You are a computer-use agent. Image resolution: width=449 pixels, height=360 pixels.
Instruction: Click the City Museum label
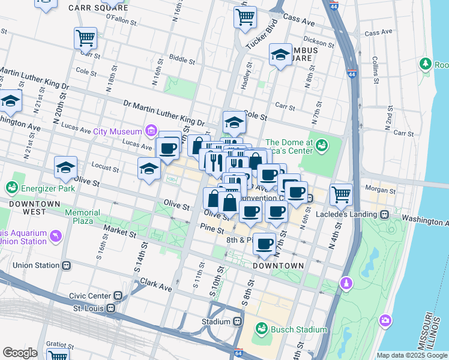[x=117, y=131]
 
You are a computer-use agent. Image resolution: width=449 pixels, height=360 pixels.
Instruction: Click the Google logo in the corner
[x=20, y=353]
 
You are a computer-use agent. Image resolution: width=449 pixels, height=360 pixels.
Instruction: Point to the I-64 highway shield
[x=238, y=354]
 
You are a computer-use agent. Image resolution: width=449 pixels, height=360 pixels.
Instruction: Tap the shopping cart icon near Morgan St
[x=341, y=194]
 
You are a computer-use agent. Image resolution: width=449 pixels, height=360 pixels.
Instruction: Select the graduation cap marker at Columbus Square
[x=280, y=55]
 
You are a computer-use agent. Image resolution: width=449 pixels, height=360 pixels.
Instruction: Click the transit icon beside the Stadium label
[x=238, y=322]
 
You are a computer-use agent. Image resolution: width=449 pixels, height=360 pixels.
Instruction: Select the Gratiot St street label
[x=59, y=344]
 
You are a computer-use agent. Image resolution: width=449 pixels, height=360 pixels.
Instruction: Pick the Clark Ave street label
[x=157, y=287]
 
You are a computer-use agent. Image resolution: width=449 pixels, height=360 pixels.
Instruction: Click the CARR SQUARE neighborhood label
[x=98, y=8]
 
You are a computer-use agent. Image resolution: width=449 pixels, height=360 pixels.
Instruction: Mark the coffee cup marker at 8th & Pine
[x=264, y=243]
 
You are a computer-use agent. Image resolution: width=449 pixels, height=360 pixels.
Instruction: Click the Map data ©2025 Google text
[x=412, y=355]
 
